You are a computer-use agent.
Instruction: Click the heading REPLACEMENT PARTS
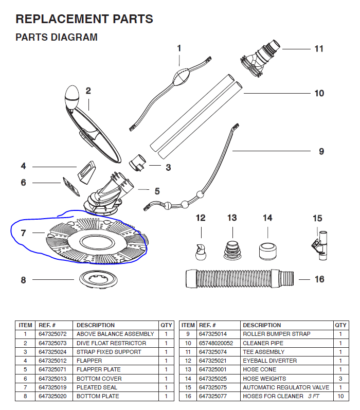84,20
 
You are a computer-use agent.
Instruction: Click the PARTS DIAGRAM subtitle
57,38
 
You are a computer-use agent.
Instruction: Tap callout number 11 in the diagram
319,49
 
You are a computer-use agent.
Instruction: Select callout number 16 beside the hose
319,279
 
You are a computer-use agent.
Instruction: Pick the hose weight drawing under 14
267,251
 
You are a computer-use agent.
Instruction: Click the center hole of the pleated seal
95,242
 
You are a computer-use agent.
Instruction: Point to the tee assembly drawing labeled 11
260,57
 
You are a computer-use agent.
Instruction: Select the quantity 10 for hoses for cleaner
340,396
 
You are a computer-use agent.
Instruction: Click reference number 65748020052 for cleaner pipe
216,343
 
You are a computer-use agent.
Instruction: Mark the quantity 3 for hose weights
340,379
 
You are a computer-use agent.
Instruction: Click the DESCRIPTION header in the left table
96,325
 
